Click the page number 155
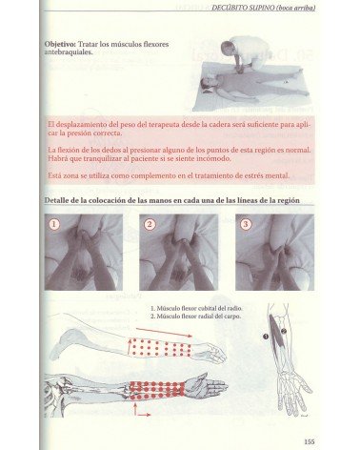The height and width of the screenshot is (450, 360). pyautogui.click(x=310, y=440)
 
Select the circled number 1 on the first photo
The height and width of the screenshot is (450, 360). pyautogui.click(x=55, y=225)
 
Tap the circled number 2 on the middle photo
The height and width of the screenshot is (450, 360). pyautogui.click(x=150, y=225)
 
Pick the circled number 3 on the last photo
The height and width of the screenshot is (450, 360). pyautogui.click(x=246, y=225)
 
